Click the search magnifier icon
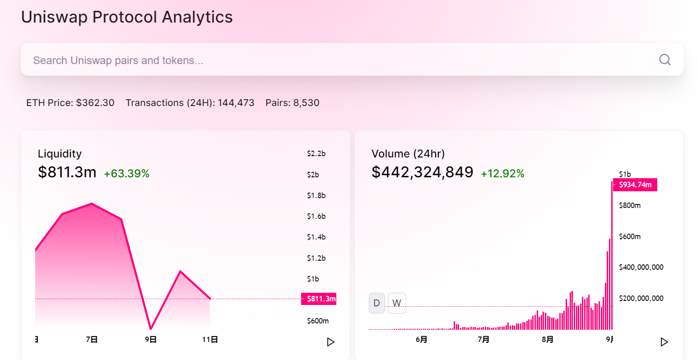click(x=664, y=60)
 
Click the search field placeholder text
click(x=118, y=60)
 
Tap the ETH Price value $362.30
click(x=95, y=103)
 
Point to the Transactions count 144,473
click(x=236, y=103)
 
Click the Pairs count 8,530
click(x=306, y=103)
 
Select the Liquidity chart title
click(x=60, y=154)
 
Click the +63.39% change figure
click(x=126, y=174)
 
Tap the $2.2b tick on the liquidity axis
click(x=316, y=153)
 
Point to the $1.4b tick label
click(x=316, y=237)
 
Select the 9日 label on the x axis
click(x=151, y=339)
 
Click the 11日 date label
click(x=210, y=339)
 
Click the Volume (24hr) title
click(x=408, y=154)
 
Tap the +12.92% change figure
click(x=502, y=174)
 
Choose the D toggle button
click(x=377, y=303)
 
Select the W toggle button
click(x=397, y=303)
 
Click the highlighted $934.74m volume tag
click(x=635, y=185)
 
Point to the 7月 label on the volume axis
click(x=483, y=339)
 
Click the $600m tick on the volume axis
click(x=630, y=236)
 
